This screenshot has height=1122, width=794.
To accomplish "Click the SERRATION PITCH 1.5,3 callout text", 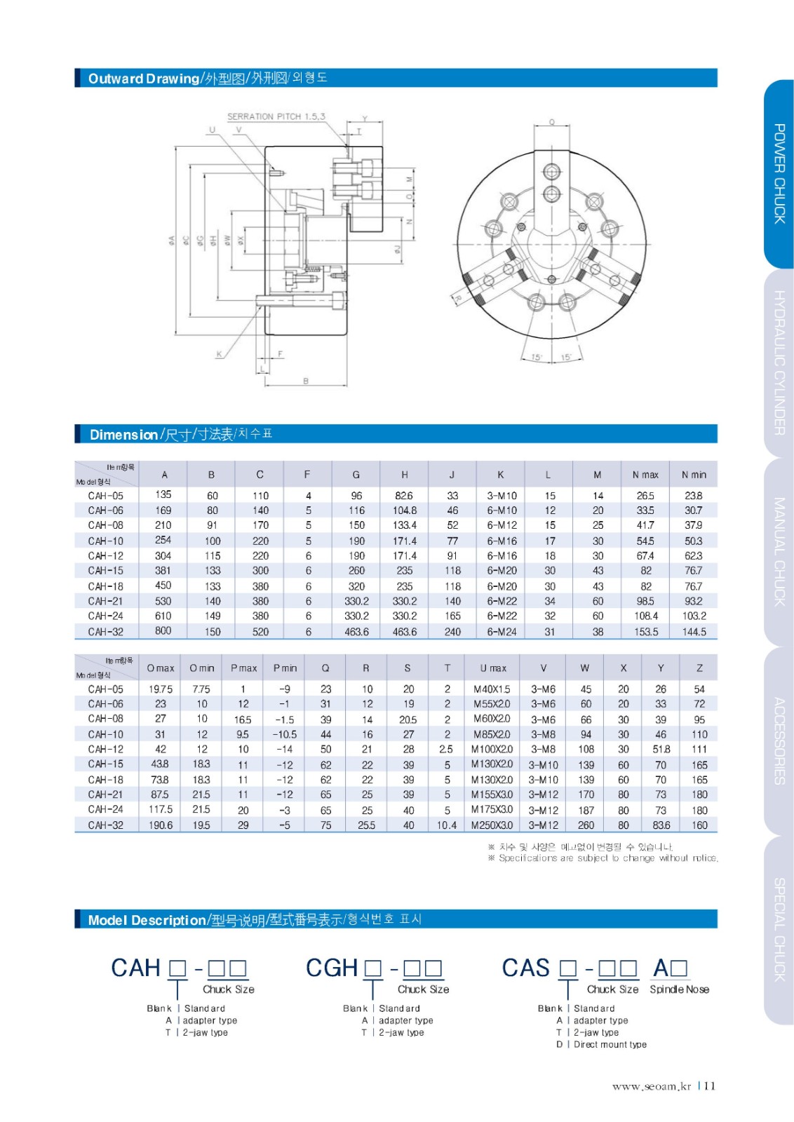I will [276, 116].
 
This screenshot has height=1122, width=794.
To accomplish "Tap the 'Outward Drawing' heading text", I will [143, 79].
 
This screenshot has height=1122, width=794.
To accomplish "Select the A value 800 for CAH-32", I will [163, 630].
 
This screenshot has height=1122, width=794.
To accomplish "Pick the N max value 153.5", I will [645, 631].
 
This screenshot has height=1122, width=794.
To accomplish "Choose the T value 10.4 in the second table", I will [446, 825].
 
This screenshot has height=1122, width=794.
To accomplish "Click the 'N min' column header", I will [693, 475].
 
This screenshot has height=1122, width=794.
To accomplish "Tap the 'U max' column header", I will [493, 668].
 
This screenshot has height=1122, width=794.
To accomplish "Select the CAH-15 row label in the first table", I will [106, 571].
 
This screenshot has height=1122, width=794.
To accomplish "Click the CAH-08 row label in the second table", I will [106, 719].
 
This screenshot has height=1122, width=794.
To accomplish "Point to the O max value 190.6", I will [161, 825].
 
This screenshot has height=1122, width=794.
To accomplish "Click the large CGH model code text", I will [332, 968].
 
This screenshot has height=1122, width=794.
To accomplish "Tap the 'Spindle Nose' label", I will [679, 989].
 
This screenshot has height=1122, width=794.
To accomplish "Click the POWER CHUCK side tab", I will [779, 173].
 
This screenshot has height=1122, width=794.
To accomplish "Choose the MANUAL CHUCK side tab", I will [779, 551].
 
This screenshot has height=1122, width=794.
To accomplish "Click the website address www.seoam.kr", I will [652, 1086].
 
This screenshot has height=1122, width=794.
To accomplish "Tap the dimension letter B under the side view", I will [306, 381].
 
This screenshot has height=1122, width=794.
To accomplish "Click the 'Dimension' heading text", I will [123, 435].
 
